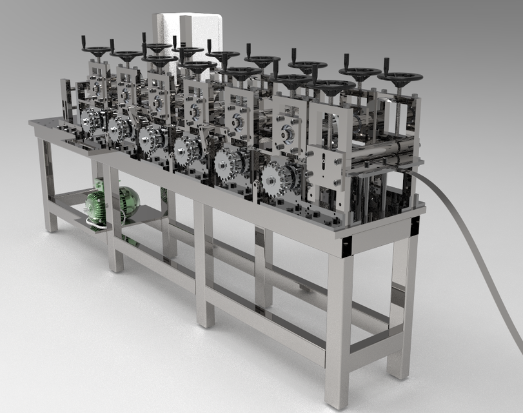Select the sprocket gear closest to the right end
277,177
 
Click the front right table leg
339,323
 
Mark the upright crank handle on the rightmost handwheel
387,66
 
